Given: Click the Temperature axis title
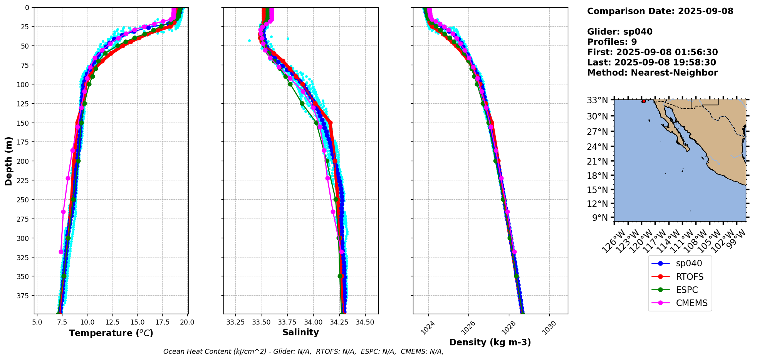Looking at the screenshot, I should click(111, 333).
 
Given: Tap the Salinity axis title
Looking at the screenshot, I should click(300, 333).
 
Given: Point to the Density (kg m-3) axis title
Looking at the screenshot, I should click(490, 342).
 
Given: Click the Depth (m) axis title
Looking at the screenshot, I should click(8, 161).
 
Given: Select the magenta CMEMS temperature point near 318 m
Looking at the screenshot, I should click(61, 252).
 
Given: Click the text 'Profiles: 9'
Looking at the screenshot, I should click(612, 42).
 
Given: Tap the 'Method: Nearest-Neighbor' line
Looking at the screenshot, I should click(652, 73).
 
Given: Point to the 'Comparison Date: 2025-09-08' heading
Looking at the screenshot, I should click(660, 11).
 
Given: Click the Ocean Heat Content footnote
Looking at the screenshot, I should click(303, 352).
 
